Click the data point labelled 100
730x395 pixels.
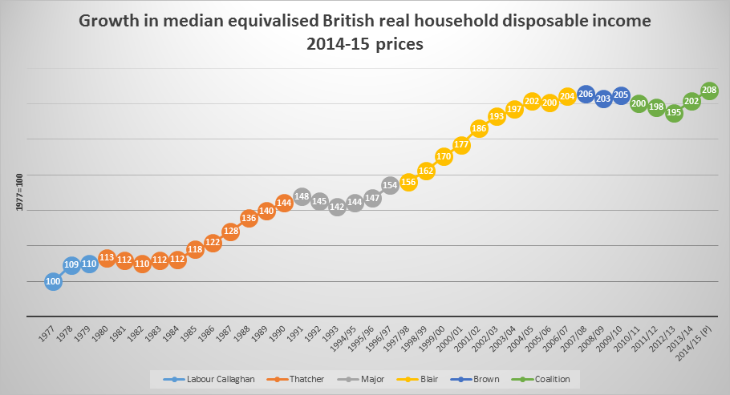pos(53,281)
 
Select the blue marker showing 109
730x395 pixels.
pos(71,264)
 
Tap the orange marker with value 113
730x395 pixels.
pos(107,258)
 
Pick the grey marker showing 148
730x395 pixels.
pos(302,196)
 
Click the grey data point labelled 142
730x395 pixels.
pos(337,208)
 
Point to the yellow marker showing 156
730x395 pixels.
pos(408,182)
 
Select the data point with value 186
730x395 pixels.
pos(479,128)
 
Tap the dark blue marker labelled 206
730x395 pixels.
pos(586,94)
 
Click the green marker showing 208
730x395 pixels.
pos(709,91)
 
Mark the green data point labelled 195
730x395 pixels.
pos(674,113)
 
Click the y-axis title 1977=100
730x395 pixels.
pos(18,193)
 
